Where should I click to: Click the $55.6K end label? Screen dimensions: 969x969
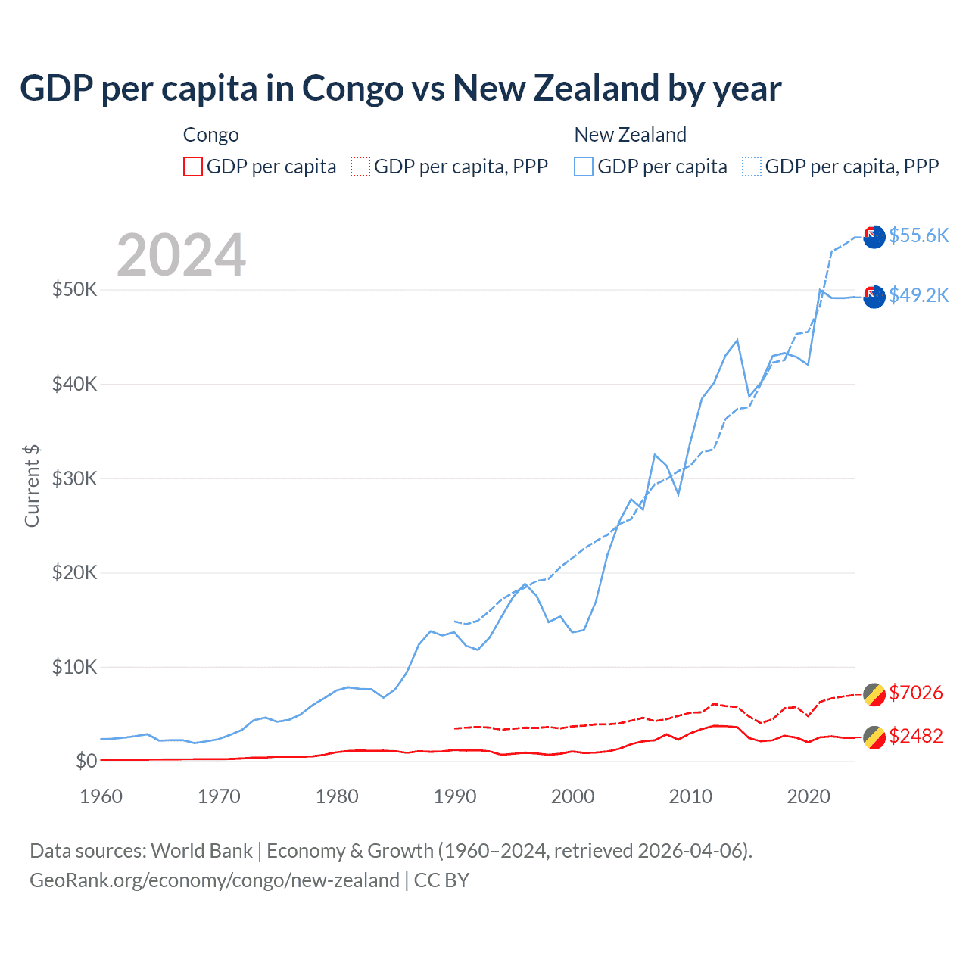tap(918, 235)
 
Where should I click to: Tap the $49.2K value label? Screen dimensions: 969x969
tap(918, 295)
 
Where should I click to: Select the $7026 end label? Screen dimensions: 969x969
tap(915, 693)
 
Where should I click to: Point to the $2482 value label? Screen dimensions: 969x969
tap(915, 736)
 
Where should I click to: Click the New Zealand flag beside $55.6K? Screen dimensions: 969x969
tap(874, 237)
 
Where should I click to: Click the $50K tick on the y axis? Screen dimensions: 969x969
tap(74, 289)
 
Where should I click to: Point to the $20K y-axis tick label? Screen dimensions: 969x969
tap(74, 572)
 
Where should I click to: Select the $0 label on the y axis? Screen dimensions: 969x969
tap(86, 761)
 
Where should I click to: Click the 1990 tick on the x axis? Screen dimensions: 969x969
tap(455, 796)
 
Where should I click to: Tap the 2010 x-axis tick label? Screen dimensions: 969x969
tap(690, 796)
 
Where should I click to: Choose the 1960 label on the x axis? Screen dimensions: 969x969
tap(101, 796)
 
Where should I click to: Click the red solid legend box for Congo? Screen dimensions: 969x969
tap(193, 167)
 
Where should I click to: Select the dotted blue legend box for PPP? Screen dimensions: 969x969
tap(752, 167)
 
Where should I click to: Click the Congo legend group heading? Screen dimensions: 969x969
tap(210, 135)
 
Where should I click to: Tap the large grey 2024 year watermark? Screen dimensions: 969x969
tap(181, 255)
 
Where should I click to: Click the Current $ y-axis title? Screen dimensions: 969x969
tap(32, 486)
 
